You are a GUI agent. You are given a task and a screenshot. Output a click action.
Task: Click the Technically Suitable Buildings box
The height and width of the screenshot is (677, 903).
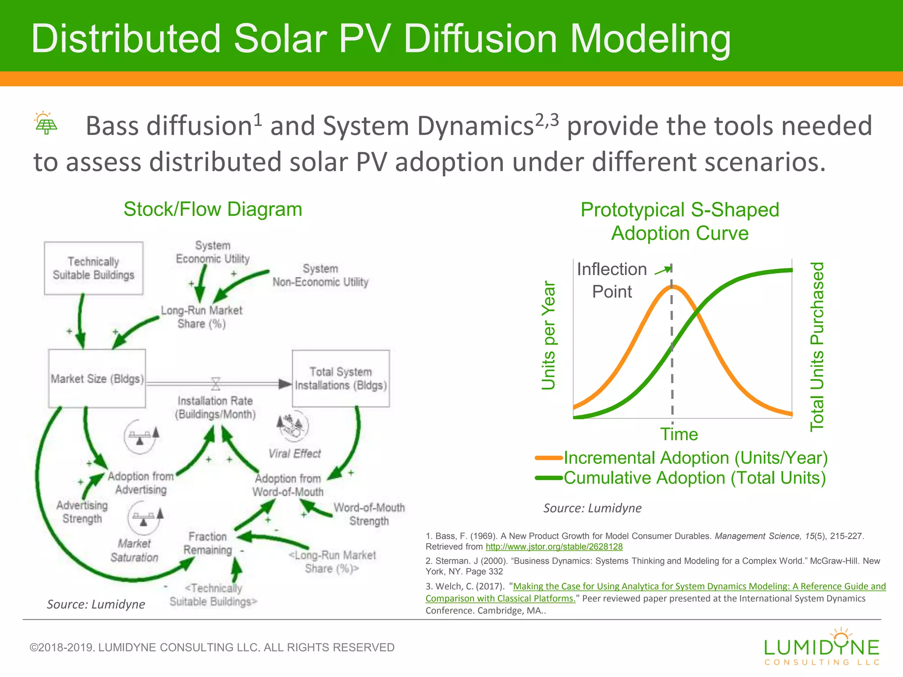pyautogui.click(x=93, y=268)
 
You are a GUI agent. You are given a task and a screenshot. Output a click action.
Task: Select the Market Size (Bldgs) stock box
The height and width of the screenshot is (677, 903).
pyautogui.click(x=97, y=379)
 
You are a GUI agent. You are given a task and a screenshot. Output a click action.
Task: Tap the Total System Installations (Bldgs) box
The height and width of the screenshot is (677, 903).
pyautogui.click(x=341, y=379)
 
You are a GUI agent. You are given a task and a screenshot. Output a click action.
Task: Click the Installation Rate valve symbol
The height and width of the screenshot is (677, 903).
pyautogui.click(x=216, y=383)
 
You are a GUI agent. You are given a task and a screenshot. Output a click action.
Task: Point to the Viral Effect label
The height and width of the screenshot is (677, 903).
pyautogui.click(x=295, y=454)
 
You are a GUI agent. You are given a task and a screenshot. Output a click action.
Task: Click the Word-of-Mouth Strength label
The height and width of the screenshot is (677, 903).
pyautogui.click(x=369, y=514)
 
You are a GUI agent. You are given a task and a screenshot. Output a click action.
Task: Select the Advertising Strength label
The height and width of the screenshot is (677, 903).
pyautogui.click(x=82, y=512)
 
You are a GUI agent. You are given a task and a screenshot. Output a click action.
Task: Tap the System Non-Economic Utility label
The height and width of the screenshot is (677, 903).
pyautogui.click(x=321, y=275)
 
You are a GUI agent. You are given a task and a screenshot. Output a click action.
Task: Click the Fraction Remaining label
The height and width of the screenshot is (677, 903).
pyautogui.click(x=208, y=543)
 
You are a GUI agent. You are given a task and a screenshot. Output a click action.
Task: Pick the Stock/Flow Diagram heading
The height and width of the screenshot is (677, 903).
pyautogui.click(x=213, y=209)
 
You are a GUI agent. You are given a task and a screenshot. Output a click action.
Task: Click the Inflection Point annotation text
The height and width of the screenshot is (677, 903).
pyautogui.click(x=612, y=280)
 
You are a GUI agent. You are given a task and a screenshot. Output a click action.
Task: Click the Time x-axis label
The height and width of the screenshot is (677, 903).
pyautogui.click(x=679, y=435)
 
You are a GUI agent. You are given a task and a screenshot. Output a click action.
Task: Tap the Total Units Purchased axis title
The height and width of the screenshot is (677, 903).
pyautogui.click(x=817, y=346)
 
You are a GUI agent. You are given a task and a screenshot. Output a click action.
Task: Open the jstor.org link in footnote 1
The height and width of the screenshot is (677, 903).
pyautogui.click(x=554, y=547)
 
